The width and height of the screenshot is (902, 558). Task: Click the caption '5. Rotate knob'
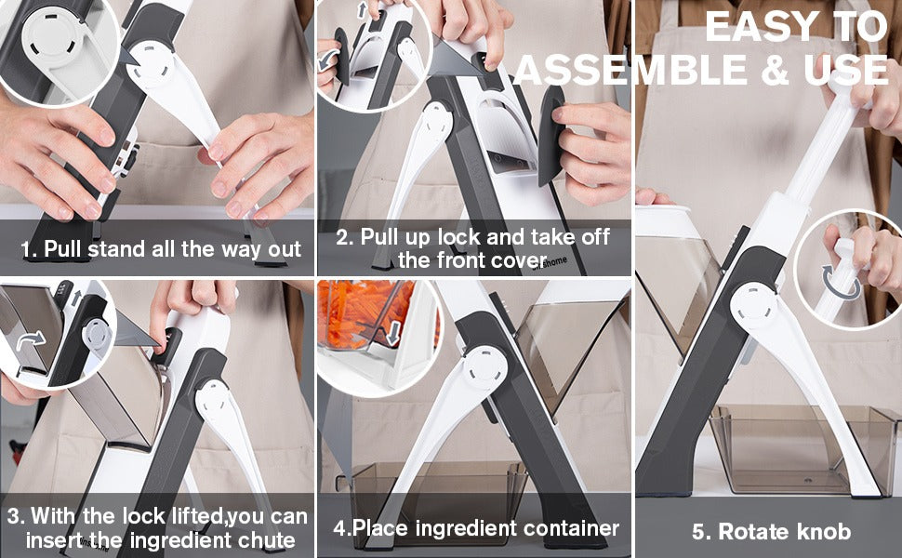point(771,532)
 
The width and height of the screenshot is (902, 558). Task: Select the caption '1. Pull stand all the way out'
point(161,248)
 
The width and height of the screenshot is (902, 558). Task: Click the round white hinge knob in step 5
point(753,307)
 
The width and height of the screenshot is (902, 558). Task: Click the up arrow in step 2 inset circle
point(362,9)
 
